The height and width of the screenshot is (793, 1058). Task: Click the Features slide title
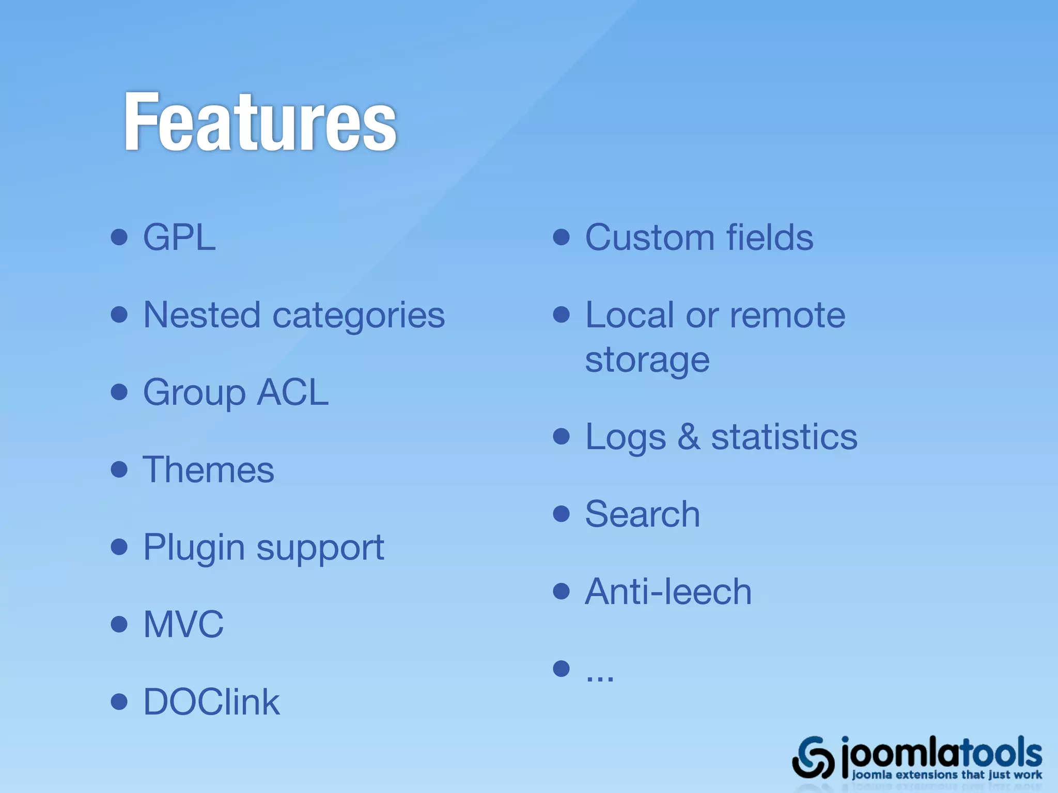tap(260, 122)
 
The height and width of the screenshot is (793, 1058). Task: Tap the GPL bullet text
tap(179, 238)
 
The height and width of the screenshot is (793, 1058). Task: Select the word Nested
tap(201, 315)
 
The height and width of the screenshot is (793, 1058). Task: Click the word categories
tap(359, 316)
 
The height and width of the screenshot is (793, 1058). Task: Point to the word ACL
tap(292, 392)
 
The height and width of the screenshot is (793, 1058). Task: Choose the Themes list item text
tap(208, 470)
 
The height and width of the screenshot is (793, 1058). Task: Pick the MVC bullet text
tap(183, 624)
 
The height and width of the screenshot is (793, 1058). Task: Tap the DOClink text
tap(211, 702)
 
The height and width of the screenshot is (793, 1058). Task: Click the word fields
tap(770, 237)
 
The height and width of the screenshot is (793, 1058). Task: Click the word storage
tap(647, 360)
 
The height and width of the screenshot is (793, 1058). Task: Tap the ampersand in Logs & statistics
tap(689, 437)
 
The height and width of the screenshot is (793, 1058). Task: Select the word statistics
tap(784, 437)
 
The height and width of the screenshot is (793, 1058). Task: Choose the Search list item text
tap(642, 514)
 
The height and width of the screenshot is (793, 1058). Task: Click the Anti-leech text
tap(668, 592)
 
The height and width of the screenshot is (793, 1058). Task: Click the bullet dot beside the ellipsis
tap(561, 669)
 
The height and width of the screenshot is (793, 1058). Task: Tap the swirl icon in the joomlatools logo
tap(814, 758)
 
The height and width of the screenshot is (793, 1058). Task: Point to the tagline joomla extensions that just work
tap(946, 775)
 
